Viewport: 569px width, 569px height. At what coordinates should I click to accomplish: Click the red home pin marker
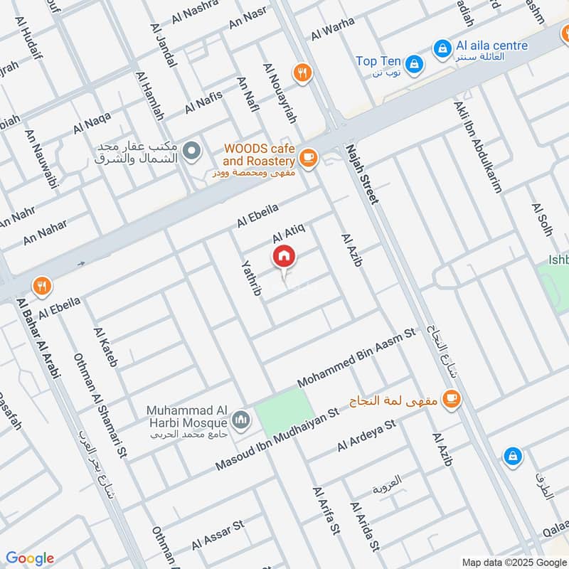pyautogui.click(x=283, y=256)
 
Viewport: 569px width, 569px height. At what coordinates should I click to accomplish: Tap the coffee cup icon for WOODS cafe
pyautogui.click(x=307, y=158)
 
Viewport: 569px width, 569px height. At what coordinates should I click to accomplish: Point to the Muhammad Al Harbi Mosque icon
pyautogui.click(x=241, y=420)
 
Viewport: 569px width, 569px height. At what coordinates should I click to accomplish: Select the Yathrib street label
pyautogui.click(x=252, y=277)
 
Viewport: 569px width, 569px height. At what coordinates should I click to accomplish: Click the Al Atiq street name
pyautogui.click(x=289, y=232)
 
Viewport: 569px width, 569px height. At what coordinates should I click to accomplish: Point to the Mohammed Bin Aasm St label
pyautogui.click(x=356, y=358)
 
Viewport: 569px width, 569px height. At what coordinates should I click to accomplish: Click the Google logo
pyautogui.click(x=30, y=558)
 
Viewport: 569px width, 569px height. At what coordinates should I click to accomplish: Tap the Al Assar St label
pyautogui.click(x=218, y=534)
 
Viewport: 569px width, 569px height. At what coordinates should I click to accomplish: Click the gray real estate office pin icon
pyautogui.click(x=191, y=151)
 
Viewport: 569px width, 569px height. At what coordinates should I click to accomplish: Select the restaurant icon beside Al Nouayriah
pyautogui.click(x=303, y=72)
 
